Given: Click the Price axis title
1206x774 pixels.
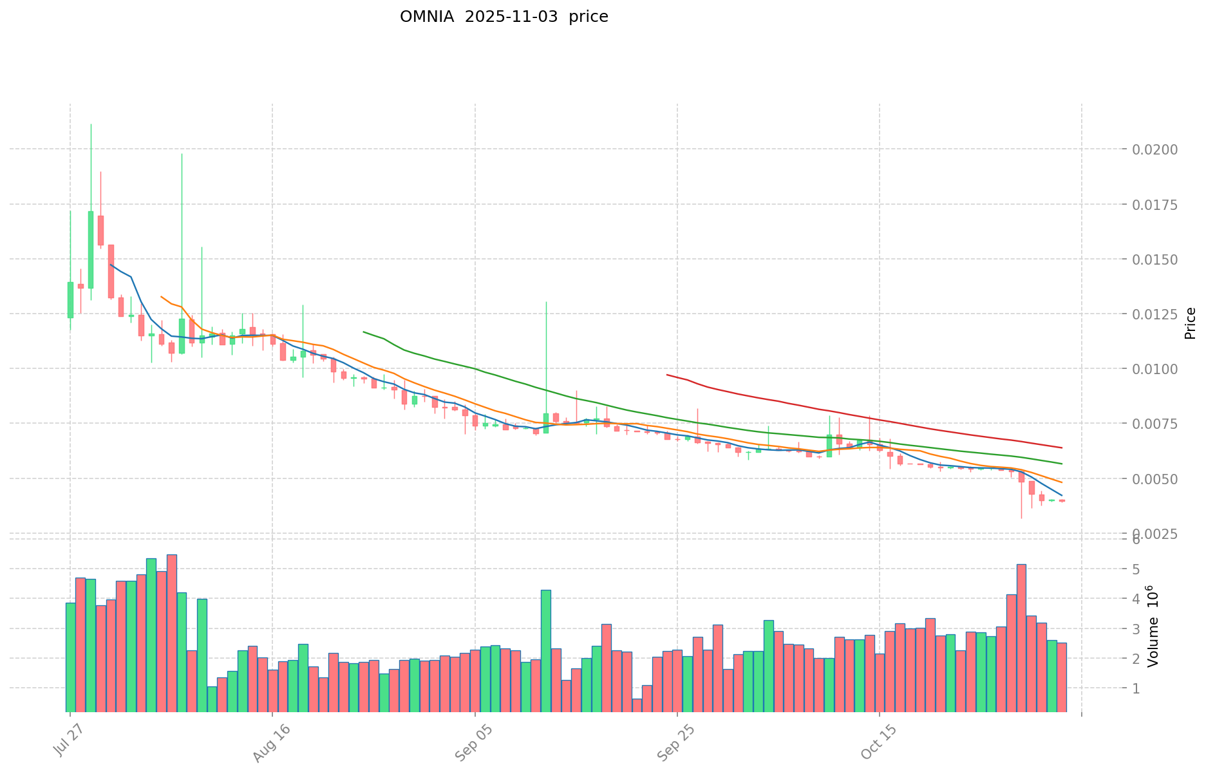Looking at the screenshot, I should [1190, 323].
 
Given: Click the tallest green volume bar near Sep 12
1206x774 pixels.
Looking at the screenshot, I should [546, 650].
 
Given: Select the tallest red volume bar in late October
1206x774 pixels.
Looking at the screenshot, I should [1021, 637].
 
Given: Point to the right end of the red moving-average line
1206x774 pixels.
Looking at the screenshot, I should [1061, 448].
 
